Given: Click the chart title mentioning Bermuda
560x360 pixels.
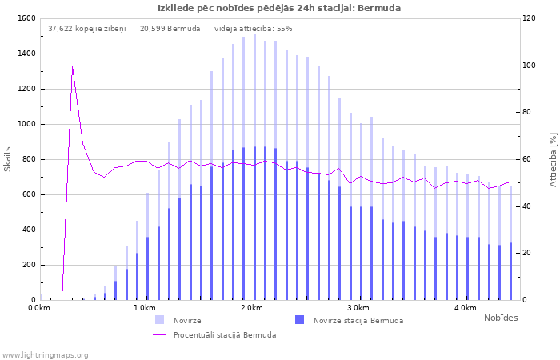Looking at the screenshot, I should pyautogui.click(x=279, y=8).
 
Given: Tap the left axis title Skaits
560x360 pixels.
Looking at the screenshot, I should pyautogui.click(x=8, y=159).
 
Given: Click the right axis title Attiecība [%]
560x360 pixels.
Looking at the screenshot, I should pyautogui.click(x=552, y=159).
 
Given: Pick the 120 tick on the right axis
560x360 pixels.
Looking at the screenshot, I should pyautogui.click(x=530, y=18).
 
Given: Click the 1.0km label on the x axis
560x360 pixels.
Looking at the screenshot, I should pyautogui.click(x=144, y=308).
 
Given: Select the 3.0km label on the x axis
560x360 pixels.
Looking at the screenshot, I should pyautogui.click(x=358, y=308).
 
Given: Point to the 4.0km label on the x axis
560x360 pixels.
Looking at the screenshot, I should pyautogui.click(x=465, y=308).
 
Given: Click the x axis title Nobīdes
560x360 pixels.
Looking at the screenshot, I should pyautogui.click(x=501, y=318).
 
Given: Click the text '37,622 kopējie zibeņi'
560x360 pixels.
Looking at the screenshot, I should pyautogui.click(x=86, y=29).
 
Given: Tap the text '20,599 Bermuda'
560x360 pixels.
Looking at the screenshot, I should pyautogui.click(x=170, y=29).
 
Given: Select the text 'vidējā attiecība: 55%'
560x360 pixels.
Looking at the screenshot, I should pyautogui.click(x=254, y=29).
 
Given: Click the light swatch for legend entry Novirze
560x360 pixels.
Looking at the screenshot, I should pyautogui.click(x=160, y=320).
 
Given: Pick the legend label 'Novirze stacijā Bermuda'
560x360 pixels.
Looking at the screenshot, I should pyautogui.click(x=358, y=320).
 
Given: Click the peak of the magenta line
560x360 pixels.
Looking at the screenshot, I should pyautogui.click(x=73, y=66).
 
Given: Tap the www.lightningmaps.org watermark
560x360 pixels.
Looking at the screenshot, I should pyautogui.click(x=45, y=354).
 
